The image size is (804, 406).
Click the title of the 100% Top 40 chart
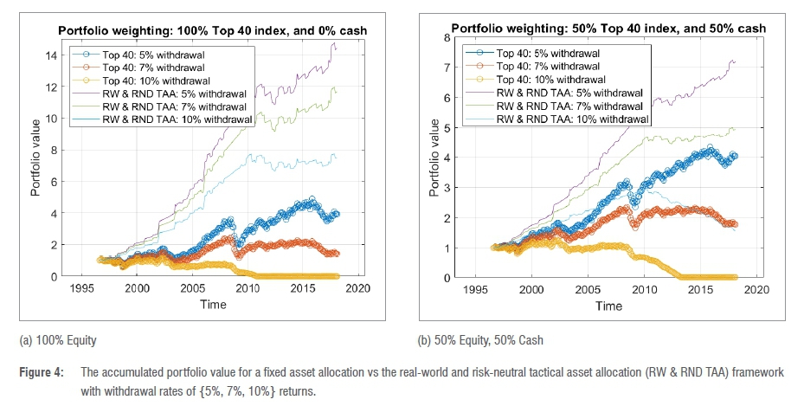213,31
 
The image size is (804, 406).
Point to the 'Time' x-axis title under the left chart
213,305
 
